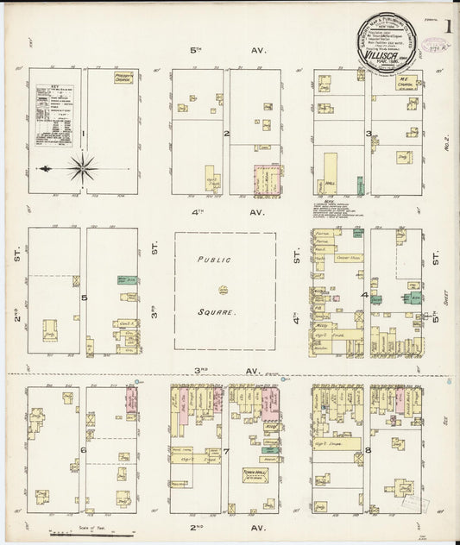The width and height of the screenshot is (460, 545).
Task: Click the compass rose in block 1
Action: [82, 166]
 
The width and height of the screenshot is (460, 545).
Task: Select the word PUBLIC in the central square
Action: [211, 259]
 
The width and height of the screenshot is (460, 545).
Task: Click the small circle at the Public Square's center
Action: [223, 289]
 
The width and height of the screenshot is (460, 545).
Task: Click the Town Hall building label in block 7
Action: [252, 473]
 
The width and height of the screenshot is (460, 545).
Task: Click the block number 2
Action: [226, 134]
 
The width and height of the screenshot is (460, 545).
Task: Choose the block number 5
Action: [84, 298]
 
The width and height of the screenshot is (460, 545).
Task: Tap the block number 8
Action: [368, 450]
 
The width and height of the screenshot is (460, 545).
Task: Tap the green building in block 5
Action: [123, 280]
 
